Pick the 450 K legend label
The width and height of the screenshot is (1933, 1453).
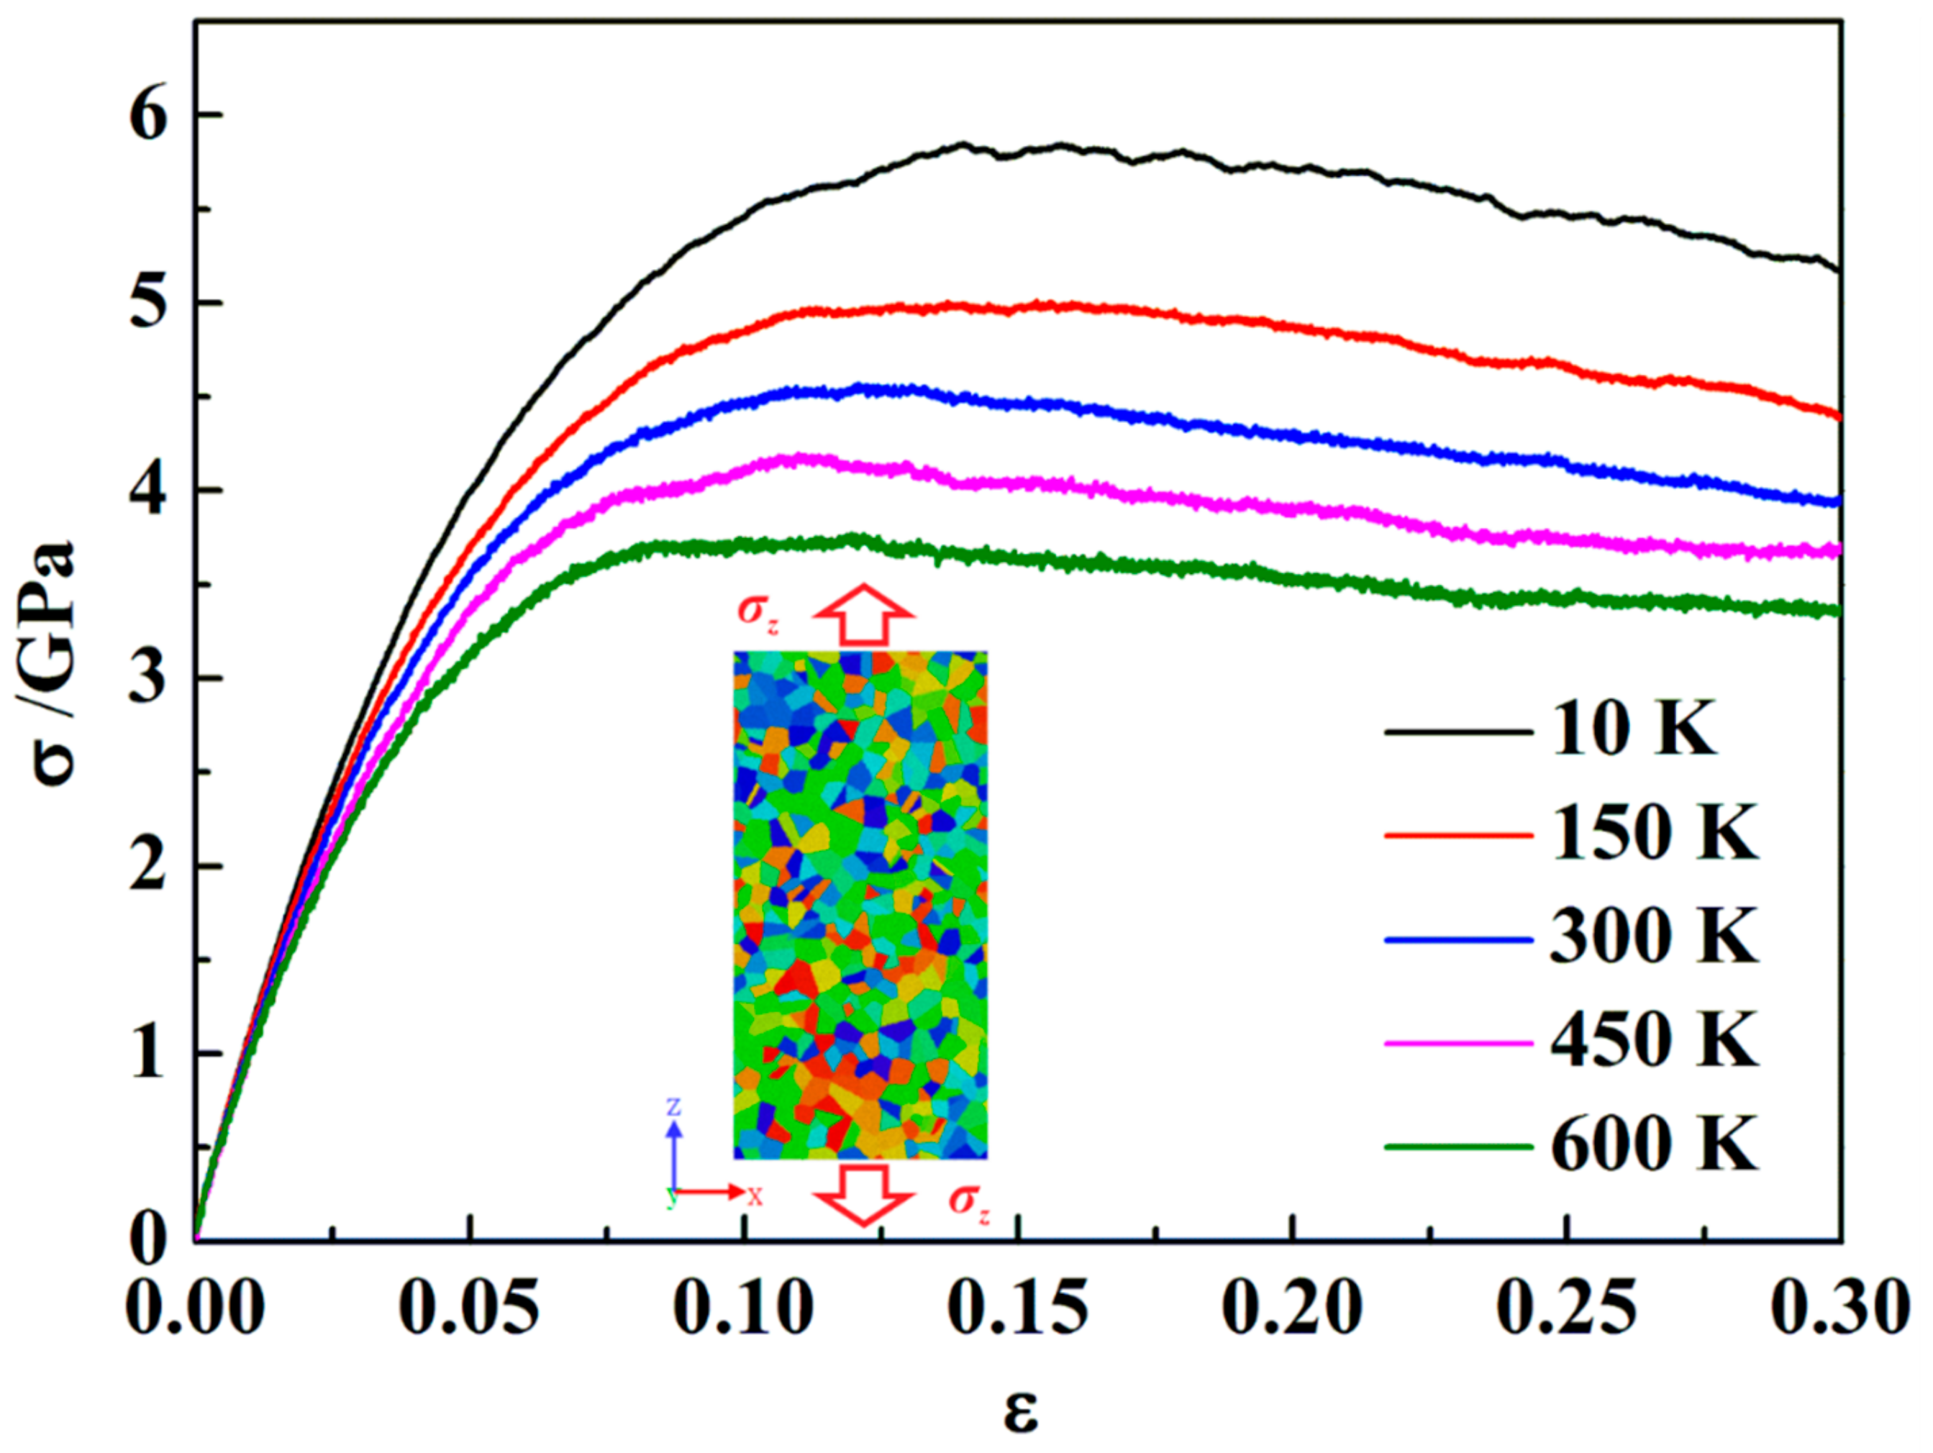tap(1653, 1042)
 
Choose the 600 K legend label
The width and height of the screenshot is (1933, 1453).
tap(1653, 1145)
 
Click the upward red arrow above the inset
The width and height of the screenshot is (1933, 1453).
tap(864, 615)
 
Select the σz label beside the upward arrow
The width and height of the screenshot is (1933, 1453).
tap(758, 610)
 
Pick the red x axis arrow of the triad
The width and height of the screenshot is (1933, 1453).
tap(712, 1192)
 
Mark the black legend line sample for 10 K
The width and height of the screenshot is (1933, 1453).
tap(1457, 732)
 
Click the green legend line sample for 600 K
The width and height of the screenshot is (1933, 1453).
tap(1457, 1145)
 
